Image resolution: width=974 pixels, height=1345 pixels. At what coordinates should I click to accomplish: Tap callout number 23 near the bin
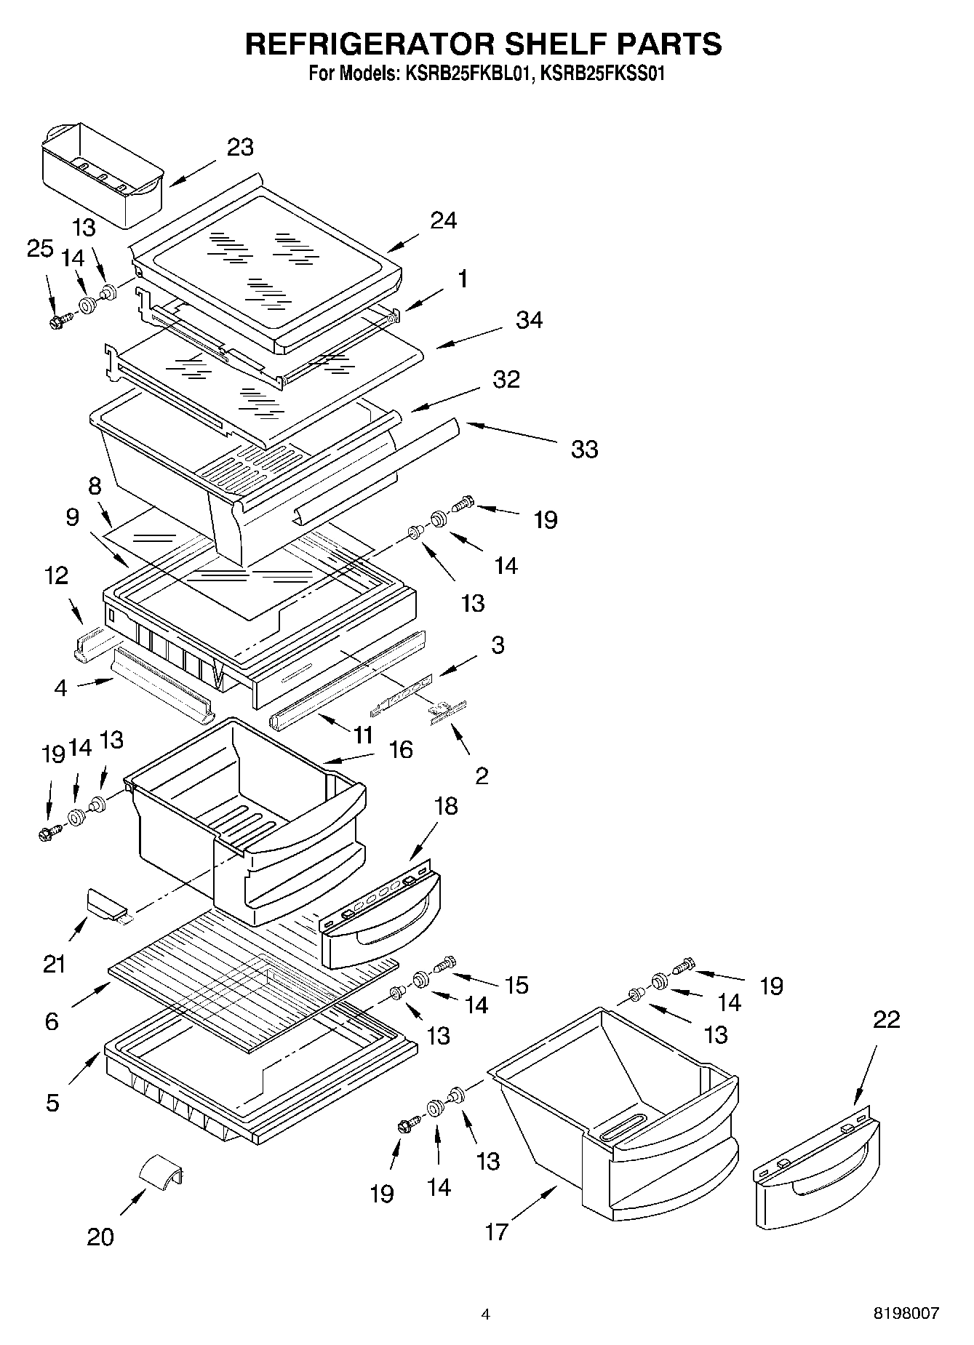click(241, 147)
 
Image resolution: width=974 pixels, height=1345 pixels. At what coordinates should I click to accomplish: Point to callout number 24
click(443, 220)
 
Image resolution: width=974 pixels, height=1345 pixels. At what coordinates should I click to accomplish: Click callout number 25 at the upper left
click(41, 248)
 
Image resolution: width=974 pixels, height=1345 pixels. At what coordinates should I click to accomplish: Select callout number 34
click(529, 320)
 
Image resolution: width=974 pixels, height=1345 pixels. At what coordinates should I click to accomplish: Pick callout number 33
click(584, 450)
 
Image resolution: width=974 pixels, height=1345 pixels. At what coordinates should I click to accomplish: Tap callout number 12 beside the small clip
click(55, 575)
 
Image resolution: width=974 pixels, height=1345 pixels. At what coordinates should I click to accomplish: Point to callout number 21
click(54, 965)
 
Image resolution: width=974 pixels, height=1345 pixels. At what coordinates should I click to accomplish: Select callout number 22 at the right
click(886, 1019)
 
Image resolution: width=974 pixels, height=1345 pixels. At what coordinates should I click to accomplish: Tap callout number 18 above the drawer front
click(447, 806)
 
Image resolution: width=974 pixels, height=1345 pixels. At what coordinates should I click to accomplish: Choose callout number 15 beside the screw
click(516, 985)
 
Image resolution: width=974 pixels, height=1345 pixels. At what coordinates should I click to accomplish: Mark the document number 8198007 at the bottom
click(906, 1314)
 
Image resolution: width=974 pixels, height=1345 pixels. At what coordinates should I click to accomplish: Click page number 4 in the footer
click(486, 1314)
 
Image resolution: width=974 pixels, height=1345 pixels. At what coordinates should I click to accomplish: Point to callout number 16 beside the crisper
click(401, 749)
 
